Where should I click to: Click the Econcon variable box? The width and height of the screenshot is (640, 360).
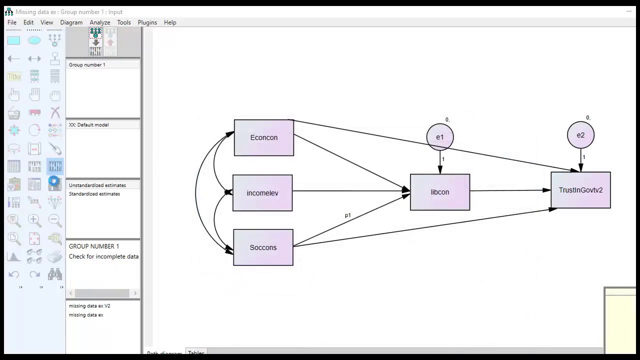click(x=263, y=137)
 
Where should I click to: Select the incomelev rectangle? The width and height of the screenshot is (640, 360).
click(x=262, y=193)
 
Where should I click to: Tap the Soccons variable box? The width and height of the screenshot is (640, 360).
click(x=263, y=247)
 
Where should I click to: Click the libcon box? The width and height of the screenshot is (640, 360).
click(x=440, y=192)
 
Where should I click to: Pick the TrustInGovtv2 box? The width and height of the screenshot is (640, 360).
click(x=580, y=190)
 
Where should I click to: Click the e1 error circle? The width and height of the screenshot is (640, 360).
click(x=440, y=137)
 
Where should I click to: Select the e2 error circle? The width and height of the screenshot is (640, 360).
click(x=580, y=135)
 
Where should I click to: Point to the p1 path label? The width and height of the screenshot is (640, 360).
click(x=348, y=215)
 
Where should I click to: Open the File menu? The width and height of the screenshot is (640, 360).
click(x=12, y=22)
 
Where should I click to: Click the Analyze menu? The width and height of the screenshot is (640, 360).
click(x=100, y=22)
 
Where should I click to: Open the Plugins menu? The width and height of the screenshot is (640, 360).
click(x=147, y=22)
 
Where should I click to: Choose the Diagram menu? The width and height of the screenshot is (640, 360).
click(x=71, y=22)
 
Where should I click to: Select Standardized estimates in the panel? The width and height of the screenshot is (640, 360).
click(x=94, y=194)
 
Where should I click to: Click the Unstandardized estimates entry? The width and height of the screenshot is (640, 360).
click(x=97, y=185)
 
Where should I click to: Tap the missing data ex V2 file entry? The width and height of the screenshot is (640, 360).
click(x=89, y=306)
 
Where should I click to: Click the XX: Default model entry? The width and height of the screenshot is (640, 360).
click(x=89, y=125)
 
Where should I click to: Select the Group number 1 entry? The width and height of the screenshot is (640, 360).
click(x=87, y=65)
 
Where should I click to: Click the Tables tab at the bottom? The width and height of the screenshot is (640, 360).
click(x=196, y=353)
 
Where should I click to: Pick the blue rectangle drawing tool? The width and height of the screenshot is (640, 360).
click(x=13, y=40)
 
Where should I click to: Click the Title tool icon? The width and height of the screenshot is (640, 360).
click(x=14, y=76)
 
